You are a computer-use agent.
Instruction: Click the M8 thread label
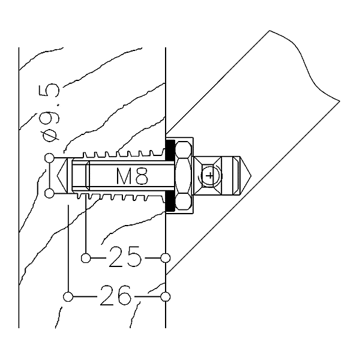click(132, 176)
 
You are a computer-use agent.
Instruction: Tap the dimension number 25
click(125, 257)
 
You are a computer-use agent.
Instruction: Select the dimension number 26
click(116, 295)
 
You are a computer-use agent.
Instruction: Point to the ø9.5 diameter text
click(49, 113)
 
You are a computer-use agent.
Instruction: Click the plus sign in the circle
click(209, 176)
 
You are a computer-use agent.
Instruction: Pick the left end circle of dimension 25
click(86, 258)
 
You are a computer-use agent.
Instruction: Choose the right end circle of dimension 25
click(166, 258)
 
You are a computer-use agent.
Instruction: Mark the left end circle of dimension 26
click(68, 296)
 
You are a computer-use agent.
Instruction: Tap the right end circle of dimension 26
click(166, 296)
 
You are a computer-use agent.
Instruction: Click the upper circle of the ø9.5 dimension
click(49, 158)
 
